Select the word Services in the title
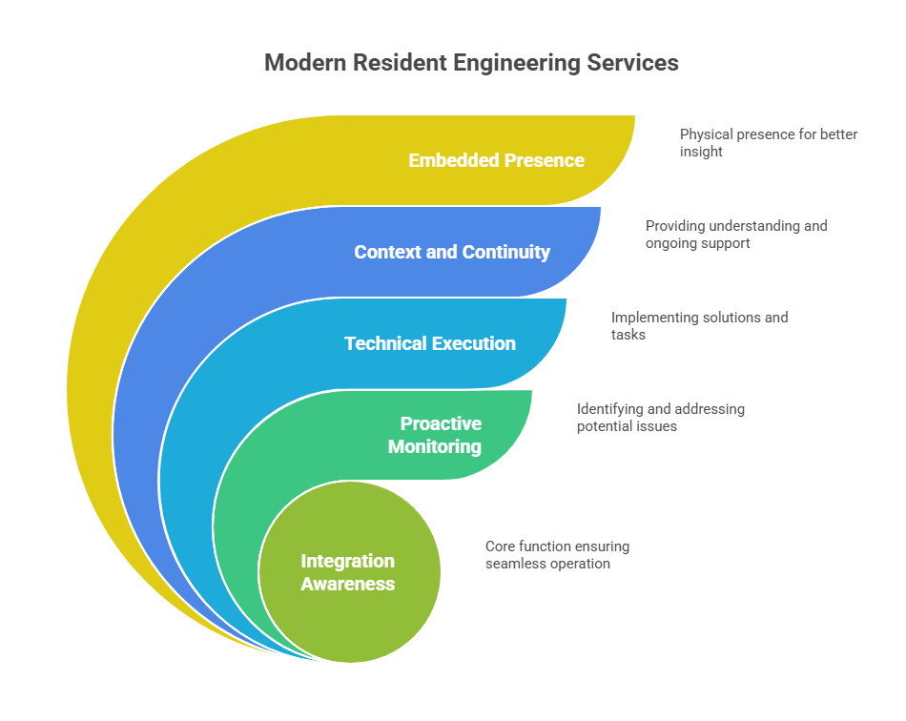pos(632,62)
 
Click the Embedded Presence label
pos(496,160)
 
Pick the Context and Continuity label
pos(452,252)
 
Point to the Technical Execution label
pos(430,343)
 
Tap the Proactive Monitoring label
pos(435,435)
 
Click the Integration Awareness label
pos(348,572)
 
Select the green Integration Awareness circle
pos(350,572)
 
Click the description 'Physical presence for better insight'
pos(769,143)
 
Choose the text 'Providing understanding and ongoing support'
pos(736,234)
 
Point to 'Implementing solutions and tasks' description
pos(699,326)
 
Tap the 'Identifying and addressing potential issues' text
pos(661,417)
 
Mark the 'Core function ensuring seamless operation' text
pos(557,555)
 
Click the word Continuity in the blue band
pos(506,253)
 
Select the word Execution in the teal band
pos(473,343)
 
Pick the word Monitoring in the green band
pos(435,447)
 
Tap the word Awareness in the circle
pos(348,584)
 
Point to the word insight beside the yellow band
pos(701,152)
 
